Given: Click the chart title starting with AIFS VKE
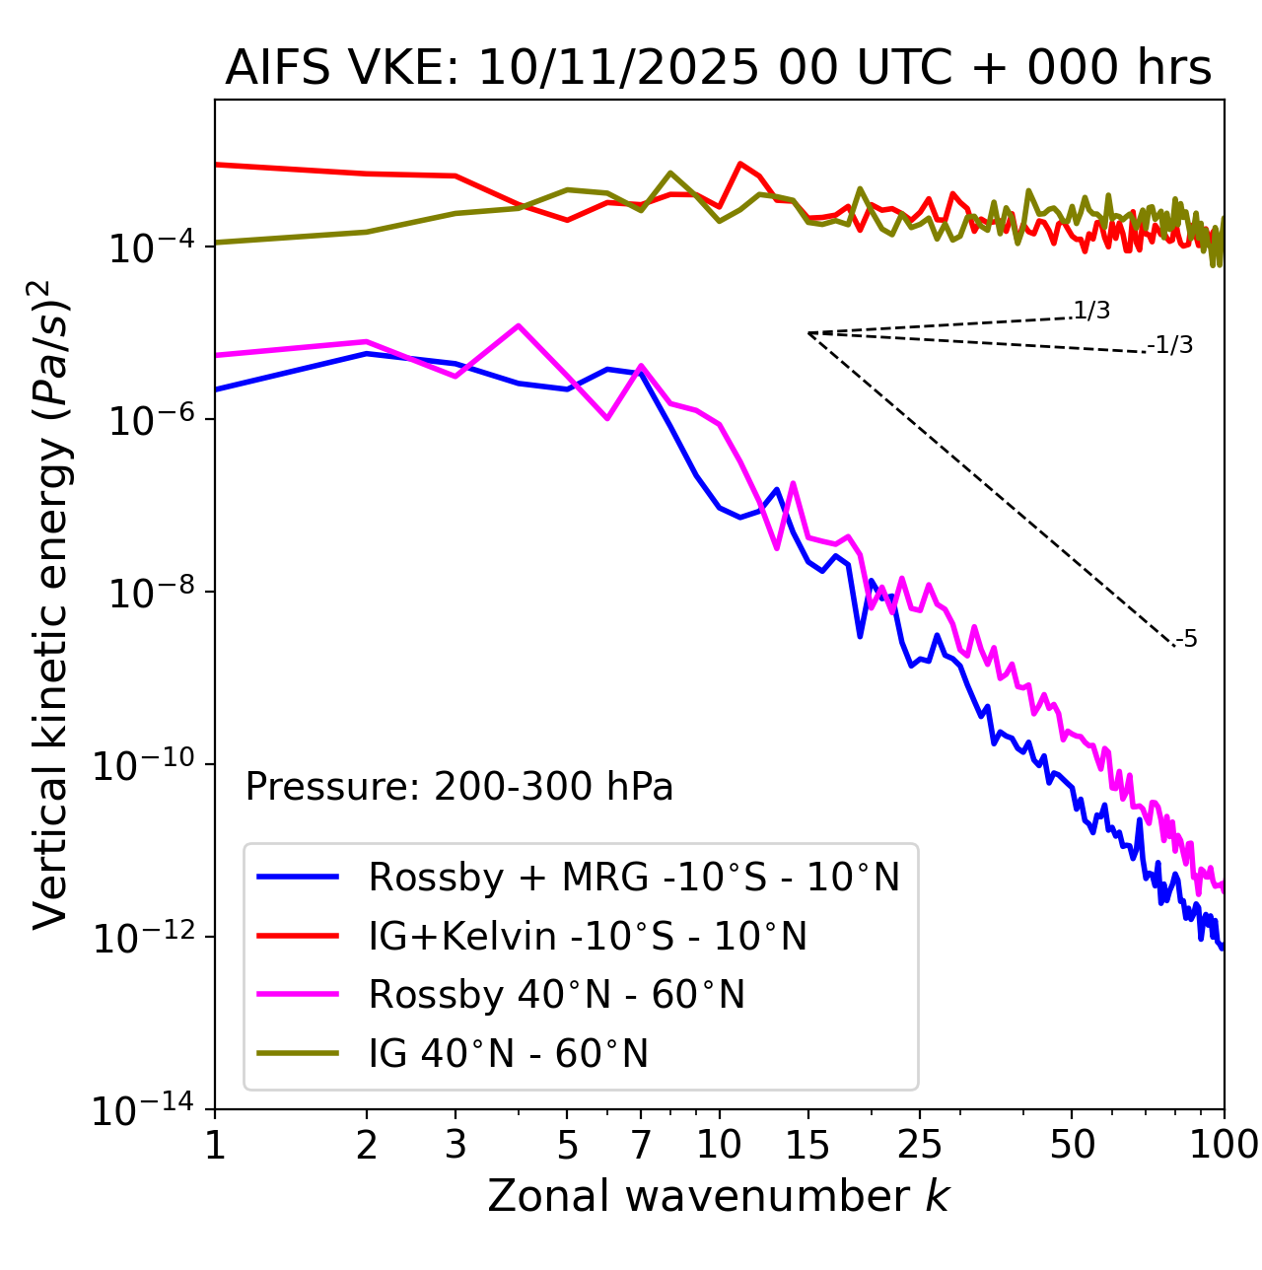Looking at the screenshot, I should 718,67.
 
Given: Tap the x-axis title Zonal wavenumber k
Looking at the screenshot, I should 718,1195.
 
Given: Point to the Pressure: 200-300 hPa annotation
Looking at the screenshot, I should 458,787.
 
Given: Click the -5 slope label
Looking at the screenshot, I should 1187,639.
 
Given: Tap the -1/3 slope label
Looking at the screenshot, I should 1171,345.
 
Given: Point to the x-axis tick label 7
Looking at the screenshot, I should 641,1145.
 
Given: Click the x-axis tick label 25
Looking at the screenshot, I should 919,1145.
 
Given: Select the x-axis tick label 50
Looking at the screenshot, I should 1072,1145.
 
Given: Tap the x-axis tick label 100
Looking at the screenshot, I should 1224,1145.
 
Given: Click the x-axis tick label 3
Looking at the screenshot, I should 456,1145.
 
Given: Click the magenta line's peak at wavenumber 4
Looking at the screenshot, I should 519,325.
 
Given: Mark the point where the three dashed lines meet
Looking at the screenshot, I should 808,333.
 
